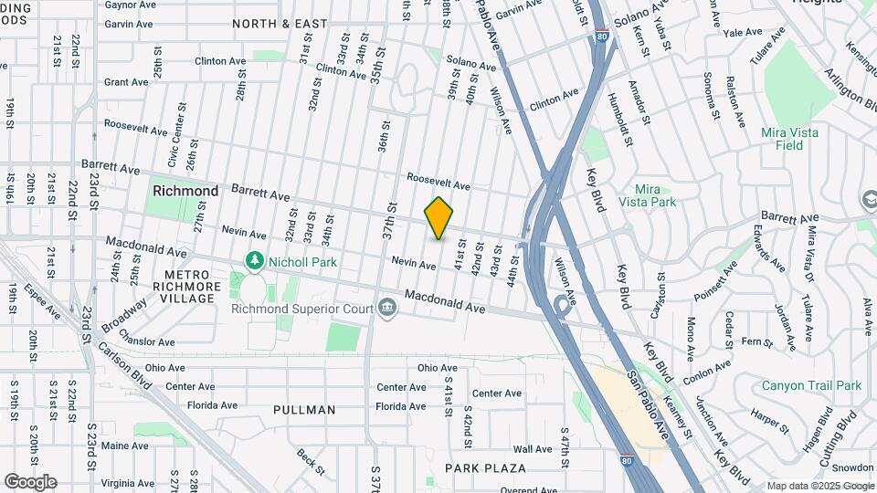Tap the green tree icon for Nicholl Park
254,262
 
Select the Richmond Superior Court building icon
386,309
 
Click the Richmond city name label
185,191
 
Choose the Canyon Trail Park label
811,385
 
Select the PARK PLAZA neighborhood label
485,468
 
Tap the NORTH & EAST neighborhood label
280,23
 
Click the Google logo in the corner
31,481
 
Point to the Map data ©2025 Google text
820,486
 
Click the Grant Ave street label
126,82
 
